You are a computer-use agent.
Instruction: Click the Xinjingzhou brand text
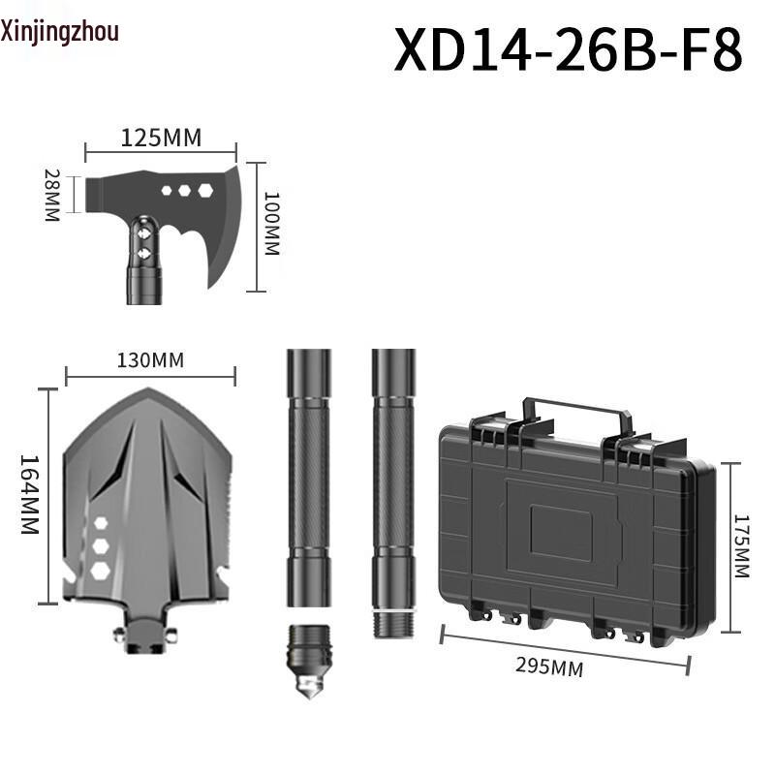pyautogui.click(x=60, y=32)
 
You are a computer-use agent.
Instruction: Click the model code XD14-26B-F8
pyautogui.click(x=568, y=50)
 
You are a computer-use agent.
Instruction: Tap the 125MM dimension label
pyautogui.click(x=161, y=138)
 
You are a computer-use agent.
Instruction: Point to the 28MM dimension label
pyautogui.click(x=52, y=196)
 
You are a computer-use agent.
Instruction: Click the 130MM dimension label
pyautogui.click(x=150, y=360)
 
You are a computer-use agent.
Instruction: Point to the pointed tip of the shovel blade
pyautogui.click(x=147, y=392)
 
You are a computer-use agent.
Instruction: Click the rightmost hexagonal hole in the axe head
pyautogui.click(x=205, y=191)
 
